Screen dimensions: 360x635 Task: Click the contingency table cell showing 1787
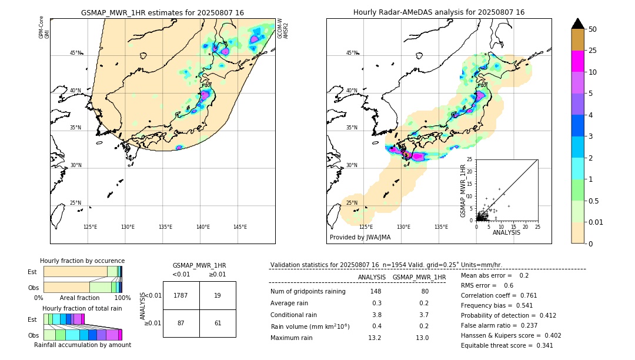181,295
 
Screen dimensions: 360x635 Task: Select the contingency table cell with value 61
218,323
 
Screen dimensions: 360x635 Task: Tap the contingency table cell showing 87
181,323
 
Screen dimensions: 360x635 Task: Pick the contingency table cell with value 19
218,295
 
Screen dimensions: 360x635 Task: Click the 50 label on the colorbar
593,29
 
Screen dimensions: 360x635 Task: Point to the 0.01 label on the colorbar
596,222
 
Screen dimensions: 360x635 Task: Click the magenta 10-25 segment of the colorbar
578,62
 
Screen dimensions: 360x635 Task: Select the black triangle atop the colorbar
578,24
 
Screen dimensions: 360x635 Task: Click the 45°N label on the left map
76,53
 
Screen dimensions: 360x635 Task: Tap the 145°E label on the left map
240,227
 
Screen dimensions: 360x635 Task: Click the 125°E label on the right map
366,227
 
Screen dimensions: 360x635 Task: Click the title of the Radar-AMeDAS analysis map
439,12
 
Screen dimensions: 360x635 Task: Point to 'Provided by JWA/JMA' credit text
360,237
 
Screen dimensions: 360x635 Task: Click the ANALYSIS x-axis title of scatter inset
506,232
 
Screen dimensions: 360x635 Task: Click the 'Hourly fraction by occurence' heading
82,261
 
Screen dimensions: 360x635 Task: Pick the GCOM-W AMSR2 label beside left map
283,28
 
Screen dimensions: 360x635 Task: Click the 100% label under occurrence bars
122,298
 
